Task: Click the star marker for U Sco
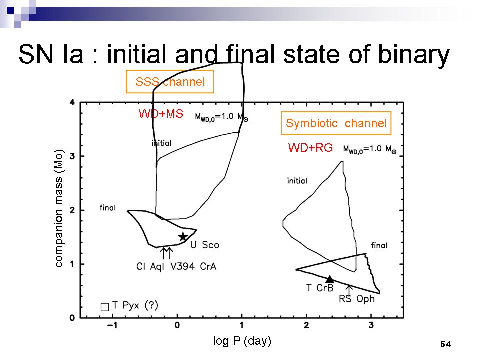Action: click(x=183, y=236)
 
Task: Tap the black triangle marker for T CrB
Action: click(x=330, y=279)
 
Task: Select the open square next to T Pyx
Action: click(x=104, y=306)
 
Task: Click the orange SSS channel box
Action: click(x=170, y=82)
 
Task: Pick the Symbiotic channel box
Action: click(x=336, y=123)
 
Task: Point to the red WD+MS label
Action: click(x=161, y=114)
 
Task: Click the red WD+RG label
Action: click(x=310, y=148)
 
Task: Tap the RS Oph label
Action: click(x=356, y=299)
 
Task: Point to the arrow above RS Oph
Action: click(x=349, y=288)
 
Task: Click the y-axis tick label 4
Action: click(x=72, y=103)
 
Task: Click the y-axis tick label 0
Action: click(x=72, y=318)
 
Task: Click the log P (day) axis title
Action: click(x=242, y=341)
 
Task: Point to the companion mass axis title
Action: click(x=59, y=208)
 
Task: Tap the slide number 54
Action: click(x=445, y=344)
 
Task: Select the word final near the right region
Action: click(x=379, y=245)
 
